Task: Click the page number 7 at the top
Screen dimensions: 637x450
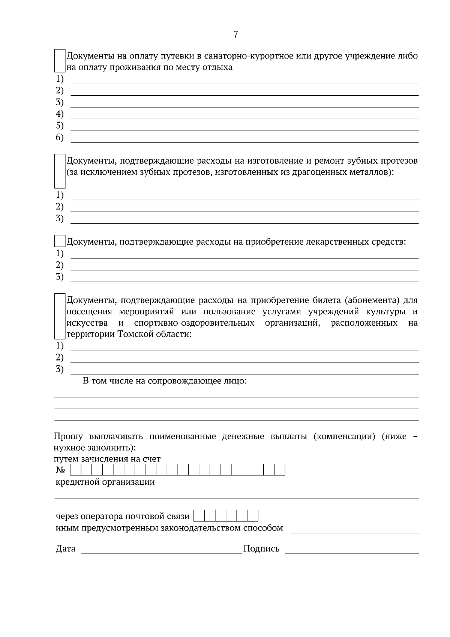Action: point(235,35)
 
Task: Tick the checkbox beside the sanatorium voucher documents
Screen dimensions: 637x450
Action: point(60,61)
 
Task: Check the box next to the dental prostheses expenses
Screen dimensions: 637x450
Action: point(60,171)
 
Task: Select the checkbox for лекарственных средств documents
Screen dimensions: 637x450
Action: point(60,241)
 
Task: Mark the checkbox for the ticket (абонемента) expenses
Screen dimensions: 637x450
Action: point(60,317)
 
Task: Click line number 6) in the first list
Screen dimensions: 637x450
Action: point(60,137)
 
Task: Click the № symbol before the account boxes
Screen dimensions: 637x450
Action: point(61,470)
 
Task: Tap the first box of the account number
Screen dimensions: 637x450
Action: point(76,470)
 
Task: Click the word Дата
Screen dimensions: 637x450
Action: point(65,549)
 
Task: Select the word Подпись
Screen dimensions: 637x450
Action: point(261,549)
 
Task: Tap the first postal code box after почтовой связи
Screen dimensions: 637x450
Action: point(199,516)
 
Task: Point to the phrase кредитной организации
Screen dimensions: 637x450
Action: point(105,482)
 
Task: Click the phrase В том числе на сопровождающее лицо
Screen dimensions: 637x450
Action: point(165,381)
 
